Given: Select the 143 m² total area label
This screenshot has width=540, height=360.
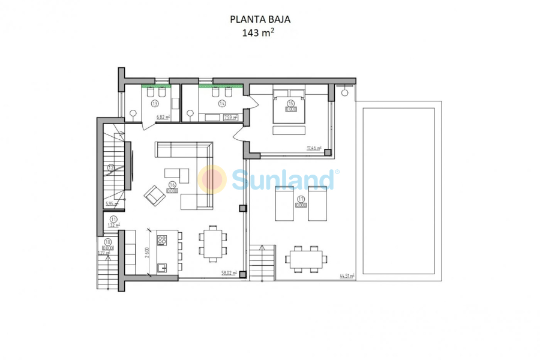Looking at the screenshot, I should click(x=259, y=33).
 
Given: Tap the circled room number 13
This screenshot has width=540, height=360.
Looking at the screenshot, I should click(x=154, y=103).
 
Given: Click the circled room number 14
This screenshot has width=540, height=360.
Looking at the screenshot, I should click(x=221, y=103).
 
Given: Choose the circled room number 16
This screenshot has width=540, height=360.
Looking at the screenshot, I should click(x=172, y=185).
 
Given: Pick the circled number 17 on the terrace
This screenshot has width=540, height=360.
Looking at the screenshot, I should click(x=301, y=199).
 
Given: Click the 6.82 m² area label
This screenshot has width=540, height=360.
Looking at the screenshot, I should click(x=163, y=118).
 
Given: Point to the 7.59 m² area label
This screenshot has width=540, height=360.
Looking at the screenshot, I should click(x=230, y=118).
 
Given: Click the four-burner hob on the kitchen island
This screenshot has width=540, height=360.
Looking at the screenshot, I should click(x=161, y=240).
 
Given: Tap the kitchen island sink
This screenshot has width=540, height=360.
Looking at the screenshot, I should click(x=161, y=268).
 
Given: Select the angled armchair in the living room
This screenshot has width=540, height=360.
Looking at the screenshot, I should click(x=154, y=195).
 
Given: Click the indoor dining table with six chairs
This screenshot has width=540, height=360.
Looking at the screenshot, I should click(x=212, y=244).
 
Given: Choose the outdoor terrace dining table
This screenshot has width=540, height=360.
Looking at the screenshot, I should click(x=307, y=259).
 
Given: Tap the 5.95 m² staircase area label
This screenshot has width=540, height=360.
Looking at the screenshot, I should click(x=112, y=204).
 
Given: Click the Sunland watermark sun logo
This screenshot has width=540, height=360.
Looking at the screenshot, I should click(x=212, y=179).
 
